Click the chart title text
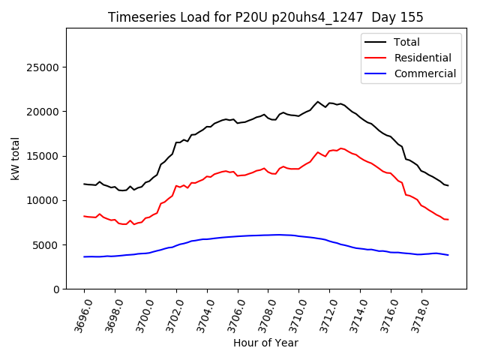click(265, 17)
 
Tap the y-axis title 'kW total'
click(15, 159)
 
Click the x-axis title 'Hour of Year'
click(265, 343)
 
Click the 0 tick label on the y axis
click(57, 289)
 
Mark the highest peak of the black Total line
click(318, 101)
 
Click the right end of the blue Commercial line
click(448, 255)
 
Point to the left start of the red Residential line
click(84, 216)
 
